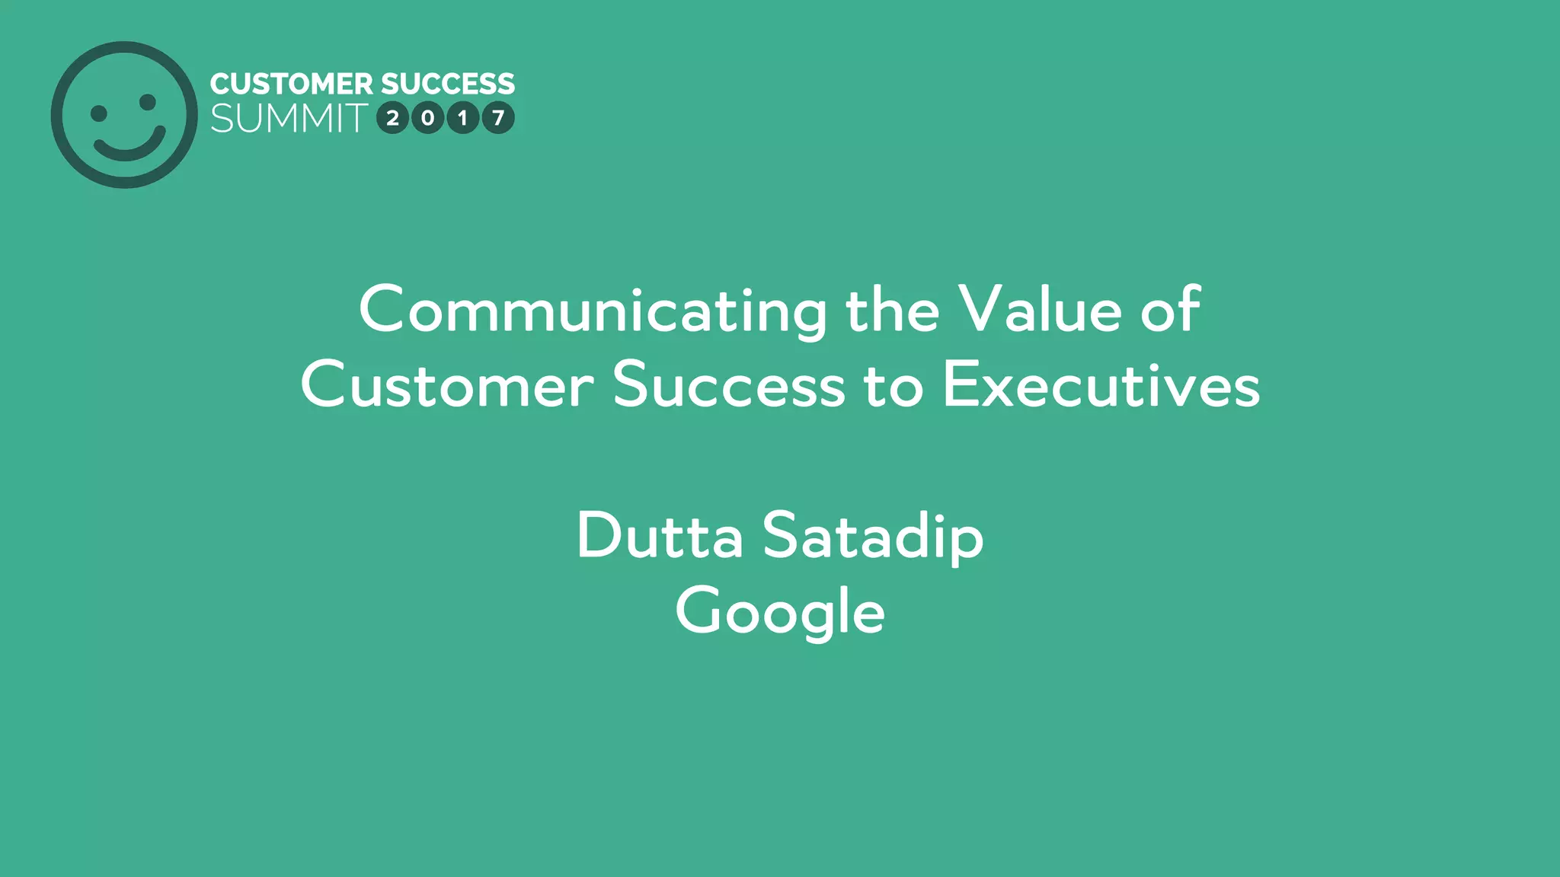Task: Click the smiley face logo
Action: point(124,115)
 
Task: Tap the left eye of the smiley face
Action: point(99,113)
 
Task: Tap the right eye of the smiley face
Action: point(148,102)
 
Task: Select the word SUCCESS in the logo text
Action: point(448,84)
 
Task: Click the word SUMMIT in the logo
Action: point(289,119)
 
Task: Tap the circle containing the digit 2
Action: point(393,118)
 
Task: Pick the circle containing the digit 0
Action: point(428,118)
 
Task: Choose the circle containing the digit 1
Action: point(463,118)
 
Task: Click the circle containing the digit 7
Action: point(498,118)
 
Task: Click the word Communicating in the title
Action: point(593,311)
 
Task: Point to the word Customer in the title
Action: point(447,385)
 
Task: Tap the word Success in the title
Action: point(729,385)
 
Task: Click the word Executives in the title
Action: point(1101,385)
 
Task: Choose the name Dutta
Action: point(660,535)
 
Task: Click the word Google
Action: point(780,611)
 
